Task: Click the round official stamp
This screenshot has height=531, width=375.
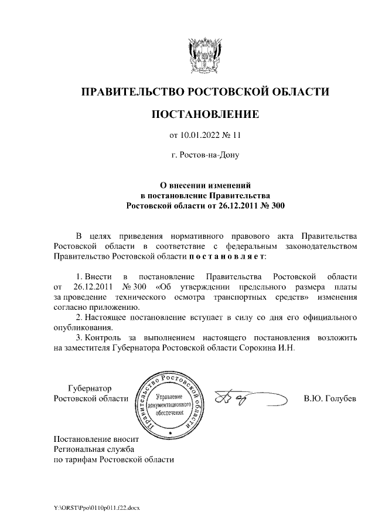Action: tap(169, 404)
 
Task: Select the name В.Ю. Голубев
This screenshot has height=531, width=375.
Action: tap(330, 399)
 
